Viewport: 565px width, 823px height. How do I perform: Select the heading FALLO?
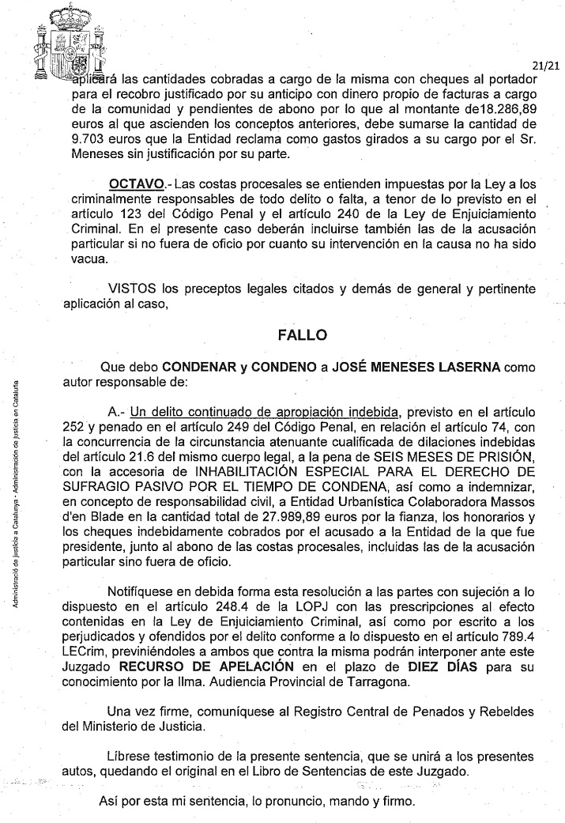coord(303,334)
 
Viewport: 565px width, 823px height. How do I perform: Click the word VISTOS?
coord(129,287)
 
